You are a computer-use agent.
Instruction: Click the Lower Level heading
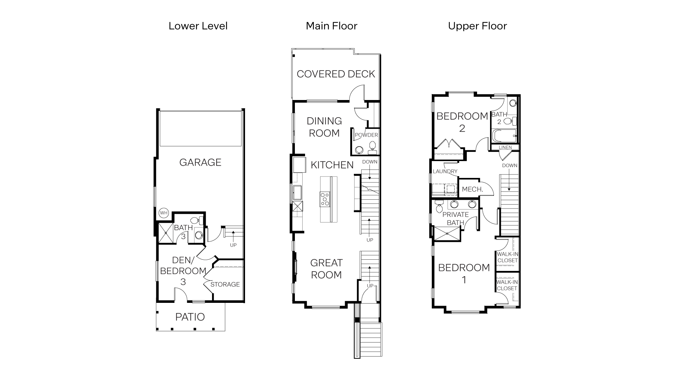pos(198,26)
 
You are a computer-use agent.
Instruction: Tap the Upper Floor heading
pos(477,26)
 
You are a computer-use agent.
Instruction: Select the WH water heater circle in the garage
pos(164,213)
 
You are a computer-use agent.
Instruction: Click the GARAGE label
pos(200,162)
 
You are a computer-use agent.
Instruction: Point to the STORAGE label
pos(225,284)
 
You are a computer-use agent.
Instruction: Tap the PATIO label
pos(190,317)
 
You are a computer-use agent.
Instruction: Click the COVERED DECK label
pos(336,74)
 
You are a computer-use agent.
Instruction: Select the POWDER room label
pos(366,135)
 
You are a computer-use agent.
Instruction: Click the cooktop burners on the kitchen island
pos(325,199)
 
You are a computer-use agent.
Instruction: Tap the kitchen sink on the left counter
pos(298,192)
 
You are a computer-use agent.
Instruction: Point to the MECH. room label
pos(473,189)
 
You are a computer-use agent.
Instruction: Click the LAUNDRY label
pos(445,171)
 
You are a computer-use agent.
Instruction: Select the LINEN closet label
pos(505,147)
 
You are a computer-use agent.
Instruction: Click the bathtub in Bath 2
pos(504,135)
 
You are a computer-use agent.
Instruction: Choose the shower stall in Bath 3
pos(166,233)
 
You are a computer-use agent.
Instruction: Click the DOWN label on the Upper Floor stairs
pos(509,165)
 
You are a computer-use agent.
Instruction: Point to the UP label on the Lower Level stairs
pos(233,245)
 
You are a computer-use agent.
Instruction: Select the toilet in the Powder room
pos(372,146)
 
